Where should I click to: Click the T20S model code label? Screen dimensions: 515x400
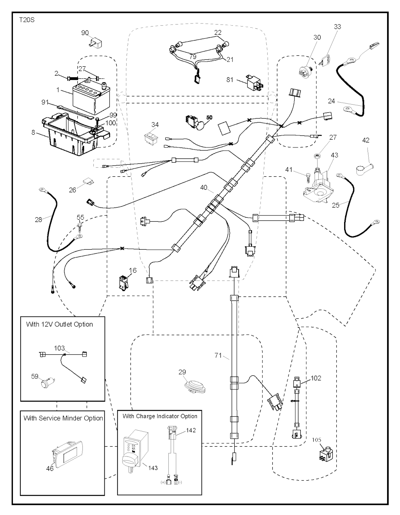coord(27,20)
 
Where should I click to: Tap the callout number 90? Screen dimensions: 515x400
coord(85,33)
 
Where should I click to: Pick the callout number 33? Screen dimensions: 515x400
coord(337,27)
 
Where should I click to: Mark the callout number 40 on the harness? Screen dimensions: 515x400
coord(204,188)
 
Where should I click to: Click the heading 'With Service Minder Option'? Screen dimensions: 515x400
coord(63,418)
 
